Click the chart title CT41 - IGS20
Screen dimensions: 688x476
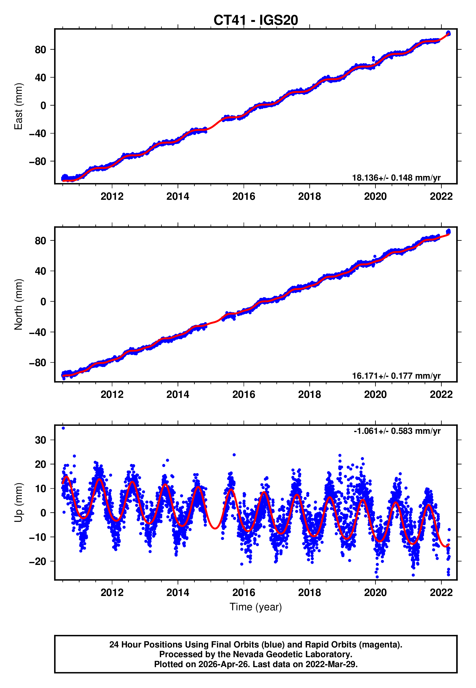(x=256, y=20)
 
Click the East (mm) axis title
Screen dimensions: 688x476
(x=18, y=106)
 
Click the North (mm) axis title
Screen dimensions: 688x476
(x=18, y=304)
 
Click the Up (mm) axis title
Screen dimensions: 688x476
(x=18, y=503)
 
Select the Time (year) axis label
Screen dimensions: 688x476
(x=256, y=607)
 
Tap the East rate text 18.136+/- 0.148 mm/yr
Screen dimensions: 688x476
(x=396, y=178)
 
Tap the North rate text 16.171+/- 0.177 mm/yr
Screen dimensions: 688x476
(x=396, y=376)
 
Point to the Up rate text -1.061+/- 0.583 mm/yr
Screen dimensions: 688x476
(x=397, y=431)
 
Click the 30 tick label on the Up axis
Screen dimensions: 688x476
(x=41, y=440)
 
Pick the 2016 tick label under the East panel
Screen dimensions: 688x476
(x=244, y=196)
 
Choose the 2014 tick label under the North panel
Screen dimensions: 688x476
(x=178, y=394)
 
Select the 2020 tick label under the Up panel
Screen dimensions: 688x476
(x=375, y=593)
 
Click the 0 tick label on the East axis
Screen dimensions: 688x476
(x=43, y=106)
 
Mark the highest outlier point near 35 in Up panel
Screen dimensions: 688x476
(x=63, y=428)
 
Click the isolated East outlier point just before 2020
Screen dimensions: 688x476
(x=373, y=58)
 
